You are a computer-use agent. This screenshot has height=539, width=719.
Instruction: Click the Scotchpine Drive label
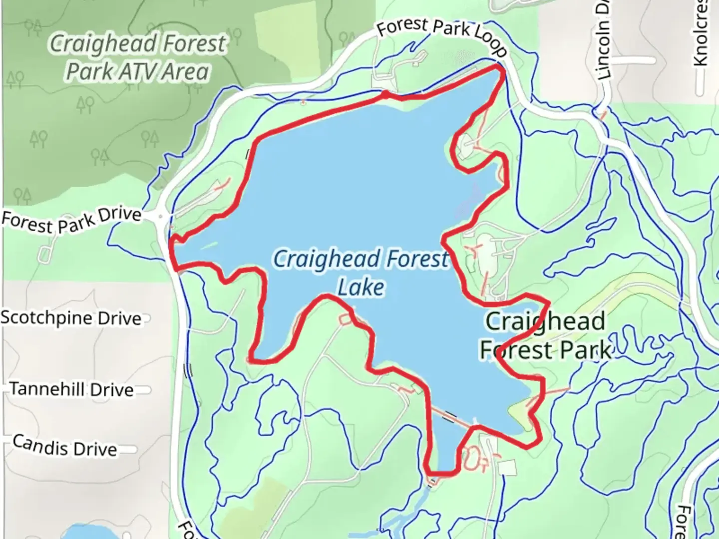coord(71,318)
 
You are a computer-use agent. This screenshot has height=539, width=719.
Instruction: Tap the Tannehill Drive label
coord(72,389)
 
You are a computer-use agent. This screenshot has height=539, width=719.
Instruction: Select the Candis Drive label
coord(65,445)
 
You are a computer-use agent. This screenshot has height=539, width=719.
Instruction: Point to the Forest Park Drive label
coord(71,220)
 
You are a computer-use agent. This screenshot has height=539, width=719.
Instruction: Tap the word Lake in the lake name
coord(361,287)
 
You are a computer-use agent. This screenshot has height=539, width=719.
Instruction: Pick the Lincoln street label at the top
coord(603,47)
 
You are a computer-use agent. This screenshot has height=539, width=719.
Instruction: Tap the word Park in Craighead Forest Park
coord(585,350)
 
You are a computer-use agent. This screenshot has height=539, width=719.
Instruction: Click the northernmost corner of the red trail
coord(500,67)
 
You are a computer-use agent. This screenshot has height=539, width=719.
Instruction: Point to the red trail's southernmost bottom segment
coord(442,473)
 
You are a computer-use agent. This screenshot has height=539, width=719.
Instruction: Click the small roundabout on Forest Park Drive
coord(161,217)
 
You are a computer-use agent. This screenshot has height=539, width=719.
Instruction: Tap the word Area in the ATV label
coord(185,72)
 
